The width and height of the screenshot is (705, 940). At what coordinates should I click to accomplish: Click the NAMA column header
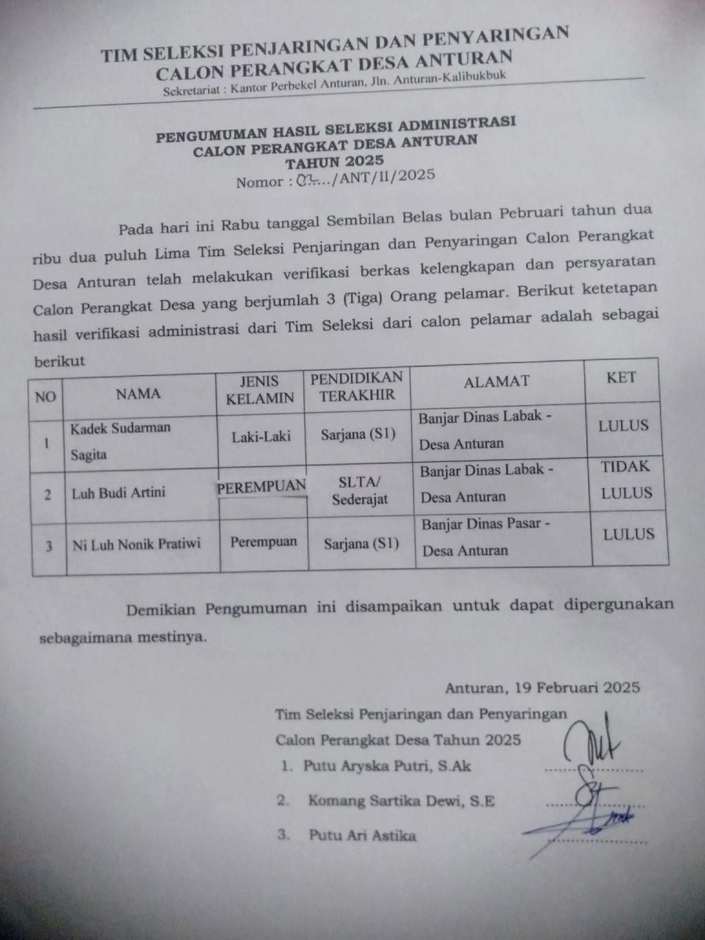[x=138, y=394]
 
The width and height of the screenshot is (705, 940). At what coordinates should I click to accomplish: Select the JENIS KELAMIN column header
[x=260, y=389]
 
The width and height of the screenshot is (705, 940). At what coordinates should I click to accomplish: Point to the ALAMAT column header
[x=496, y=381]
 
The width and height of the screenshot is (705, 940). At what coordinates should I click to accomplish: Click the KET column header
[x=621, y=377]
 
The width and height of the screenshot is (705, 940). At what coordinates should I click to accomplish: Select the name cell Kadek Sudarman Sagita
[x=120, y=440]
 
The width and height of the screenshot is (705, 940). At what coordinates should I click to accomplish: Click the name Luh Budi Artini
[x=118, y=493]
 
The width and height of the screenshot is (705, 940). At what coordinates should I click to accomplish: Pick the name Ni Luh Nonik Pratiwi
[x=137, y=544]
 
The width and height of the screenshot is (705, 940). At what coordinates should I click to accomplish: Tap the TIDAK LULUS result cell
[x=626, y=480]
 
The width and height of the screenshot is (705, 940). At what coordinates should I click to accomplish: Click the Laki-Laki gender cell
[x=261, y=436]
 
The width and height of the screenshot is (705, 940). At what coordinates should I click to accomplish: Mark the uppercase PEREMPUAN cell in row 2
[x=262, y=487]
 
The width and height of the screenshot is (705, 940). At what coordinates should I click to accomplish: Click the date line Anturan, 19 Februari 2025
[x=543, y=687]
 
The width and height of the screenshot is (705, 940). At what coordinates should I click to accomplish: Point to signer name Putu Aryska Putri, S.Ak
[x=387, y=766]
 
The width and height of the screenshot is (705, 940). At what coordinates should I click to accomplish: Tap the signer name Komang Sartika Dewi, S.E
[x=401, y=800]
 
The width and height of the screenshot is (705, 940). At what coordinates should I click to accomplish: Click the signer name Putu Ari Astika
[x=362, y=835]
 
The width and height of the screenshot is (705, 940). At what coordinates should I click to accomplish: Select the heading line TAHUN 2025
[x=335, y=162]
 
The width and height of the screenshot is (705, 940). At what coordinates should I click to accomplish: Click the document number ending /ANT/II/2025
[x=335, y=179]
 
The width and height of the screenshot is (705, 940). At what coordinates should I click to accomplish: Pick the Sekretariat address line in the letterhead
[x=335, y=83]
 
